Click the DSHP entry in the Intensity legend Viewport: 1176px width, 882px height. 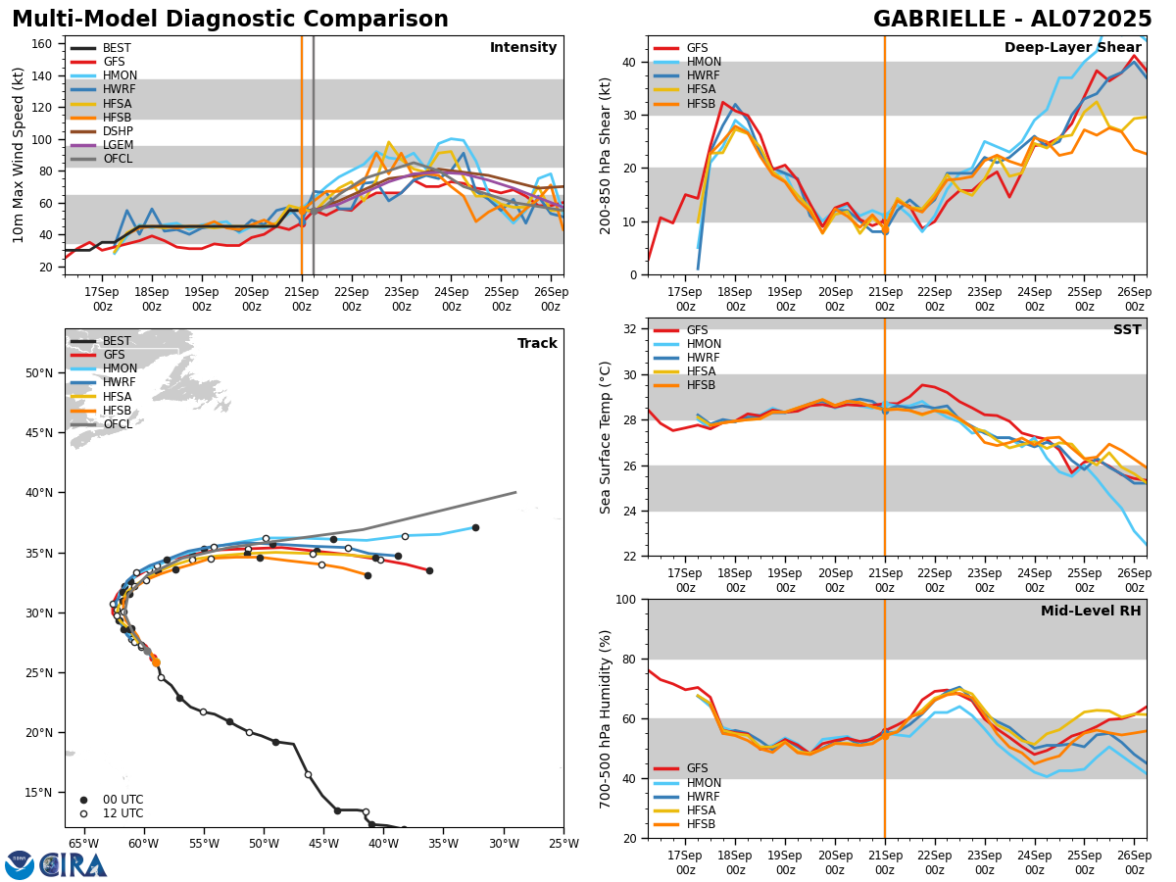[117, 131]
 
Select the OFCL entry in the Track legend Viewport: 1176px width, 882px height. [117, 424]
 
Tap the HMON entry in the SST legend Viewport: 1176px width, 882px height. [704, 344]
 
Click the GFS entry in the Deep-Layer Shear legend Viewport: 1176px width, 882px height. [697, 48]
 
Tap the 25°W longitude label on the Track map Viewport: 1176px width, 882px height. [563, 843]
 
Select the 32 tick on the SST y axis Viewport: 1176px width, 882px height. [632, 329]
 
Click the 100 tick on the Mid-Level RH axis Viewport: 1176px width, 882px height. [628, 599]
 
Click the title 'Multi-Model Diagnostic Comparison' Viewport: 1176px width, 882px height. [230, 20]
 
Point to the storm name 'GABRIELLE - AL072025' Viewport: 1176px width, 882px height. [1012, 20]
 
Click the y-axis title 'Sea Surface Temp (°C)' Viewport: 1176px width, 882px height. [607, 437]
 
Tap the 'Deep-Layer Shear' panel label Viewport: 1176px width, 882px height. [1072, 48]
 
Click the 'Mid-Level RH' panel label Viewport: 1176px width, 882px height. [1091, 612]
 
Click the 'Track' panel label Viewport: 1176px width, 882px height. [537, 344]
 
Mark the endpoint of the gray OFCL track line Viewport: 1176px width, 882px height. [515, 492]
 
